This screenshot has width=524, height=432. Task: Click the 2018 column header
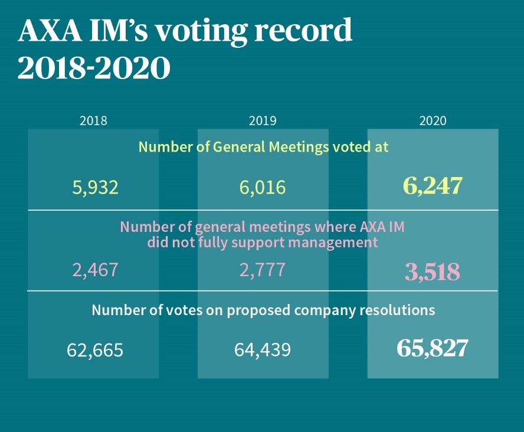tap(93, 121)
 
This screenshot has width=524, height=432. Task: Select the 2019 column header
tap(263, 121)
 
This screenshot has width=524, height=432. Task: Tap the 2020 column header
tap(433, 121)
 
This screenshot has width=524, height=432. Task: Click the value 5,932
tap(95, 188)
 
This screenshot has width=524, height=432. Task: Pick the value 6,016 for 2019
tap(263, 188)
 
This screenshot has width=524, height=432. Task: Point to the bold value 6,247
tap(433, 186)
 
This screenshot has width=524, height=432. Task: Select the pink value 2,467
tap(95, 270)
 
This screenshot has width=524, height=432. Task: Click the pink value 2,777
tap(263, 270)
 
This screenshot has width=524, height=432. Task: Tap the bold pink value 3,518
tap(433, 272)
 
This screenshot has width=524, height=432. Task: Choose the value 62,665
tap(95, 351)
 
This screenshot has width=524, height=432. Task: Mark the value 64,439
tap(263, 351)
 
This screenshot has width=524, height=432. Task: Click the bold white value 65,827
tap(433, 349)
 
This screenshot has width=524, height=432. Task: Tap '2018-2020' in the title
tap(94, 68)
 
